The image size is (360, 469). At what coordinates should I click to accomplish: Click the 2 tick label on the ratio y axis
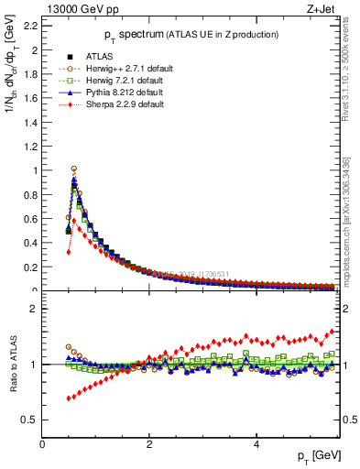tap(35, 309)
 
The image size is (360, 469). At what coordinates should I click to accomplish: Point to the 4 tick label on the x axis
tap(256, 444)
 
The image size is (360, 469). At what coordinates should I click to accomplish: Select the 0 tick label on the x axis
tap(43, 444)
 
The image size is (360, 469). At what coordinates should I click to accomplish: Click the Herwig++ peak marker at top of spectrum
tap(74, 169)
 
